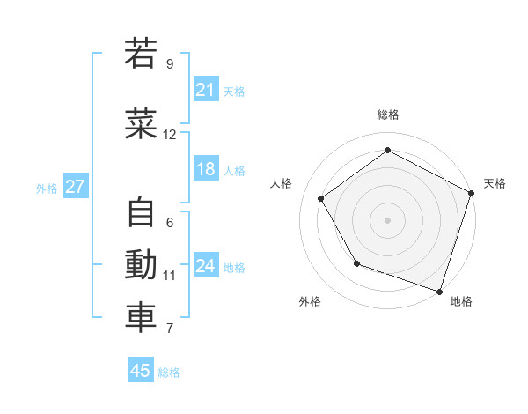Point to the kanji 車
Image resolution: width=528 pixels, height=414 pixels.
141,318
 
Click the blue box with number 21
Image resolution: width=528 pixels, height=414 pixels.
206,90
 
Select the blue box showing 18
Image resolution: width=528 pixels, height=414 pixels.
206,169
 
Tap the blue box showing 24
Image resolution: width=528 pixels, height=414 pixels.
206,266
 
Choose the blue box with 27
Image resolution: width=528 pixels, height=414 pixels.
75,187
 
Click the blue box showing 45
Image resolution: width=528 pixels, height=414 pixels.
141,371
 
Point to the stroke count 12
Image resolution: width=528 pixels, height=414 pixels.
169,135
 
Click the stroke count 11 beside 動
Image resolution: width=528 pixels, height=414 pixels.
169,276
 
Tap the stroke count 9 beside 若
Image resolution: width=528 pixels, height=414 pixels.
169,64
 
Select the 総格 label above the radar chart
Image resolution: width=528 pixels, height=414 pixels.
388,115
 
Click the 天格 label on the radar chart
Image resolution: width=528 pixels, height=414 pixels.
495,183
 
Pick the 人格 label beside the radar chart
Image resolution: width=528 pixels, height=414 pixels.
282,183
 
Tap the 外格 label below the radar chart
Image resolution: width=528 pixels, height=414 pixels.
310,302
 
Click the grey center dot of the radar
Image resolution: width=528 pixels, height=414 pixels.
388,219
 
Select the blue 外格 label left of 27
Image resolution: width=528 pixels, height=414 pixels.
47,188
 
